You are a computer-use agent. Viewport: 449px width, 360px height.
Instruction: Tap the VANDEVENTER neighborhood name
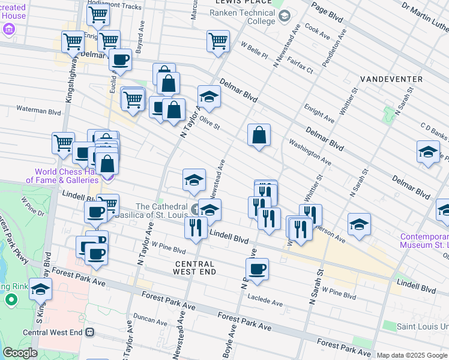click(391, 79)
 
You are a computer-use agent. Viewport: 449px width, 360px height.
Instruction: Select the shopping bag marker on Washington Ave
click(259, 136)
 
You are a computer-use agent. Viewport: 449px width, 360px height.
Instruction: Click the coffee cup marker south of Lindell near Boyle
click(257, 269)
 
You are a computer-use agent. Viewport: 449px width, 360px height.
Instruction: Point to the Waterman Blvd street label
click(39, 111)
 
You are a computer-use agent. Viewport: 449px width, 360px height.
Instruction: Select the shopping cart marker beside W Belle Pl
click(218, 41)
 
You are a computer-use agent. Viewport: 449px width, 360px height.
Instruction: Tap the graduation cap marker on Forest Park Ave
click(40, 290)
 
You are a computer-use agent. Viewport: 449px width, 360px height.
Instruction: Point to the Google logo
click(20, 353)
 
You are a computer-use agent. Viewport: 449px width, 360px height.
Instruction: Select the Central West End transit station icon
click(90, 332)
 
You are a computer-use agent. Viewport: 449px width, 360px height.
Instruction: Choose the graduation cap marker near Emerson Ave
click(359, 224)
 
